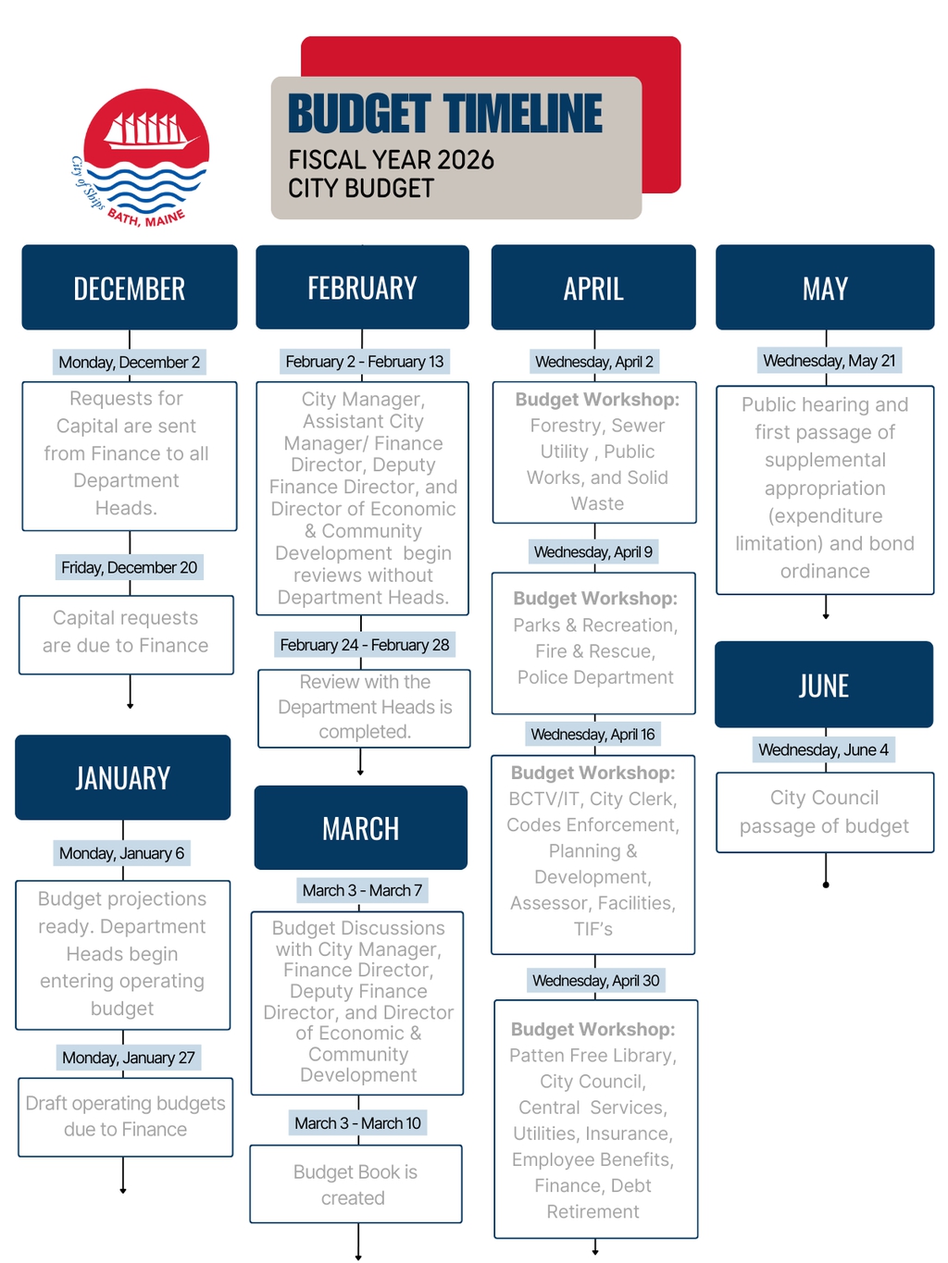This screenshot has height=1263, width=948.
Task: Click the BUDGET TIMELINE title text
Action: coord(445,115)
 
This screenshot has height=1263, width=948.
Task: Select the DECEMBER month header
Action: coord(130,288)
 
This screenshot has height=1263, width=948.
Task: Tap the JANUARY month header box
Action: coord(123,777)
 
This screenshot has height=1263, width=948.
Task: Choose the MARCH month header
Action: coord(361,828)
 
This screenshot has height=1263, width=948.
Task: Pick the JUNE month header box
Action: coord(824,685)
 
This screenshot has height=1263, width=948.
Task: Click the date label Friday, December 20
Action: coord(130,567)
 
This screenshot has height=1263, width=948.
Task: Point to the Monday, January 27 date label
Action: coord(129,1058)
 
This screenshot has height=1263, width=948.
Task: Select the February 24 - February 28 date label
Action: coord(365,645)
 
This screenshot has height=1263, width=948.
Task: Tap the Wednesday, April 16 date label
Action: coord(592,735)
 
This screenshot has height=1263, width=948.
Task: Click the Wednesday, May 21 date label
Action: coord(829,361)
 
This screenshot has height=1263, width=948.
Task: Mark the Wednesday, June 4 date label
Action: coord(823,749)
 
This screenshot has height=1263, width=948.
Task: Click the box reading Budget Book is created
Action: coord(355,1184)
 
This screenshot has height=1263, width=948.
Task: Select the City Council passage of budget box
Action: coord(825,811)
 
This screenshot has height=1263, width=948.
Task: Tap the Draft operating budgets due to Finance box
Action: coord(126,1116)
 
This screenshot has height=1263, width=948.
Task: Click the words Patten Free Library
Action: coord(592,1056)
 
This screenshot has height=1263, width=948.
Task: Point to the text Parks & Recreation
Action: coord(595,625)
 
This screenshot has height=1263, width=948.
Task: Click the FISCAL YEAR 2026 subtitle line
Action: coord(392,160)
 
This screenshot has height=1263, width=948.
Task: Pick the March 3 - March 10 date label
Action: coord(357,1123)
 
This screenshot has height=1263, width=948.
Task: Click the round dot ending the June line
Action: coord(826,885)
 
